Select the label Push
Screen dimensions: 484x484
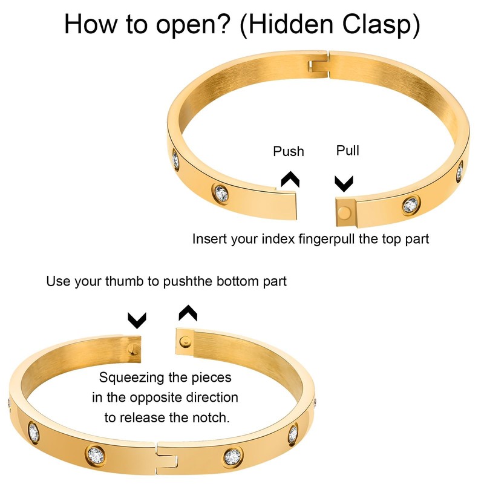click(288, 151)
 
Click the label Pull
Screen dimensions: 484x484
click(347, 150)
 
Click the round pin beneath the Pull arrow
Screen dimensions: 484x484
click(345, 211)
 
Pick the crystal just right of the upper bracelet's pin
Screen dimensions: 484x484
click(412, 206)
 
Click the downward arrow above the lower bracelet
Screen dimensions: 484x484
click(137, 318)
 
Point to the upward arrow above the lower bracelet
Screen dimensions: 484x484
click(188, 312)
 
